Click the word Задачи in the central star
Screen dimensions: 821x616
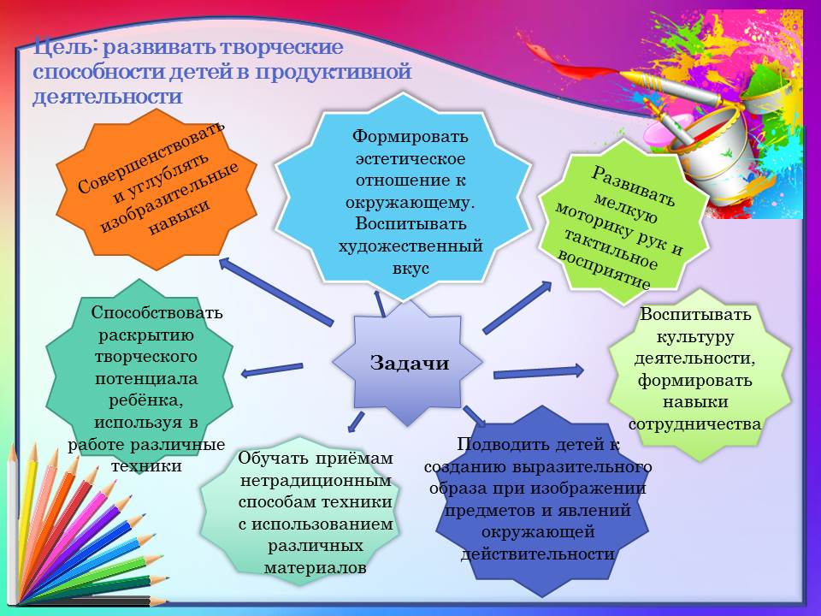(410, 363)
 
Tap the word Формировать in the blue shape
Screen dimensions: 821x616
(410, 136)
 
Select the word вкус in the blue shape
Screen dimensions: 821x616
(411, 268)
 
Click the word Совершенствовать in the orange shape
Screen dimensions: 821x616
(151, 157)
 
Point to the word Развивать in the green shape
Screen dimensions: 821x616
(634, 187)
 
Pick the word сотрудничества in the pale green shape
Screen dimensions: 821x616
(694, 423)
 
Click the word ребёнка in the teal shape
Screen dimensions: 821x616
(146, 400)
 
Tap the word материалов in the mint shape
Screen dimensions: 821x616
(315, 568)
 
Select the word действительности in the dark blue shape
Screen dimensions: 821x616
(538, 554)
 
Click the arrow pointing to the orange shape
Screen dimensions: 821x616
(275, 291)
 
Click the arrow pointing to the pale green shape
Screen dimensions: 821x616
(538, 372)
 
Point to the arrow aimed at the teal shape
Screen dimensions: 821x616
(272, 370)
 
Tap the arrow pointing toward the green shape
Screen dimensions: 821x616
(517, 307)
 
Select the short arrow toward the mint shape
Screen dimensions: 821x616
(356, 422)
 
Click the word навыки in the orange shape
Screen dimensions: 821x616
(180, 216)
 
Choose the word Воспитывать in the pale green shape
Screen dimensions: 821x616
(695, 314)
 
